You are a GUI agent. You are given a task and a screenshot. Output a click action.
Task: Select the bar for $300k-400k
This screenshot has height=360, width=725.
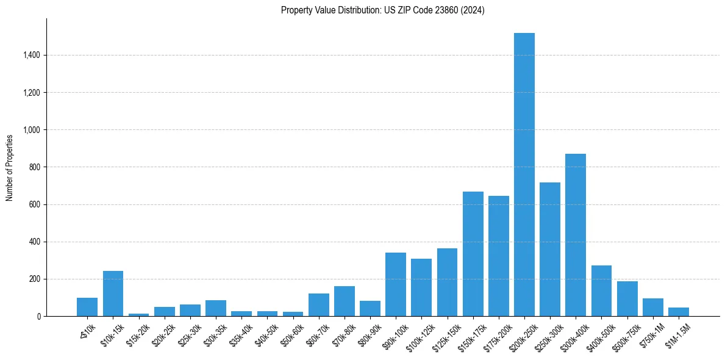point(576,235)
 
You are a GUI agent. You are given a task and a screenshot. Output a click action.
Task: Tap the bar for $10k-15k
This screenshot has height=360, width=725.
point(113,293)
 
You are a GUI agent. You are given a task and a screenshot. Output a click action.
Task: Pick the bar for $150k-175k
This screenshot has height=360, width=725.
point(473,254)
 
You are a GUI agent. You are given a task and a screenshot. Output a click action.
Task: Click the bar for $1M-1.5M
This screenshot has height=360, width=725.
point(678,312)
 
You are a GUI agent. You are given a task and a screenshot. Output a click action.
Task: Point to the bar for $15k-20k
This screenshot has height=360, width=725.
point(138,315)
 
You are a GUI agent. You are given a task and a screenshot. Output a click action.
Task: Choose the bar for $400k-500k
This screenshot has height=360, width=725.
point(601,290)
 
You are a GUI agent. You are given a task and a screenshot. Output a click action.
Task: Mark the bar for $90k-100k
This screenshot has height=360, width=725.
point(396,284)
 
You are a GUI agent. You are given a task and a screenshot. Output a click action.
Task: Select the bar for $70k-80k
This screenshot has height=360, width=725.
point(344,301)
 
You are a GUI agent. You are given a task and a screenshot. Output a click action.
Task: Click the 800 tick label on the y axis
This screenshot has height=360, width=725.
point(35,167)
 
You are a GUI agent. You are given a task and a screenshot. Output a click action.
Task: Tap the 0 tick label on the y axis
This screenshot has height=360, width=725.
point(39,317)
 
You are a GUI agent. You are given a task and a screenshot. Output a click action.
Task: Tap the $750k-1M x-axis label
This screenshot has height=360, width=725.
point(649,334)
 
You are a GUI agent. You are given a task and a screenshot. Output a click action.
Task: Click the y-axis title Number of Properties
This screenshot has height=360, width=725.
point(10,167)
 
